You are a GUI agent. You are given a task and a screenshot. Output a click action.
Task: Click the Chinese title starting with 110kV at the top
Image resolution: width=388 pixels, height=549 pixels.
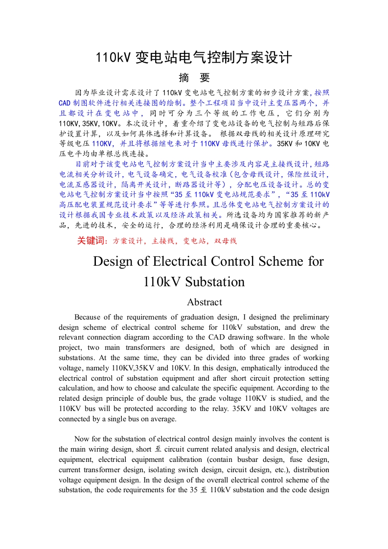[x=194, y=58]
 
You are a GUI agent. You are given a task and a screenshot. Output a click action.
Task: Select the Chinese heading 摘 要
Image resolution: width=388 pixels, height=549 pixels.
[x=194, y=78]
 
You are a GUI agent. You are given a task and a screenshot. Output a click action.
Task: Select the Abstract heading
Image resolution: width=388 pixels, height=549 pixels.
[x=205, y=302]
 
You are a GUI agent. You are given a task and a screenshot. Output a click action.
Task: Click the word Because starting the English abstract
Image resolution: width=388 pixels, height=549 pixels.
[x=89, y=317]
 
